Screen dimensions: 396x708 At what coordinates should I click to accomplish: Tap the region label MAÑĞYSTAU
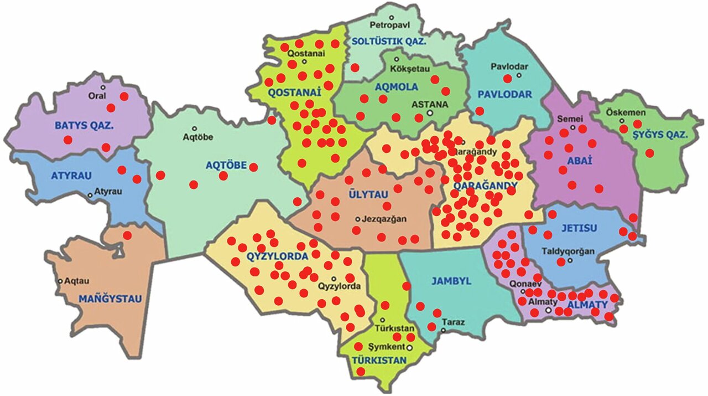click(110, 299)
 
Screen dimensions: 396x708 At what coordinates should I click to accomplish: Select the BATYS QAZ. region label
click(84, 126)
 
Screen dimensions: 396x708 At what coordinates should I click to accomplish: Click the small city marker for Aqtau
click(60, 281)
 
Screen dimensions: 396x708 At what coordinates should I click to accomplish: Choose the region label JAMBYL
click(451, 281)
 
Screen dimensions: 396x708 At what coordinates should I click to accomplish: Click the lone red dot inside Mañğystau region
click(127, 235)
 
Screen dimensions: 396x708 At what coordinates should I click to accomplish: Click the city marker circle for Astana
click(430, 113)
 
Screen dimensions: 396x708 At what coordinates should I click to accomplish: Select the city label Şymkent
click(389, 347)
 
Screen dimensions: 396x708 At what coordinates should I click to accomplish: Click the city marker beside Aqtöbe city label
click(194, 128)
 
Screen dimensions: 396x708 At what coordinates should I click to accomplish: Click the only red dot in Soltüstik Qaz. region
click(355, 68)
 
